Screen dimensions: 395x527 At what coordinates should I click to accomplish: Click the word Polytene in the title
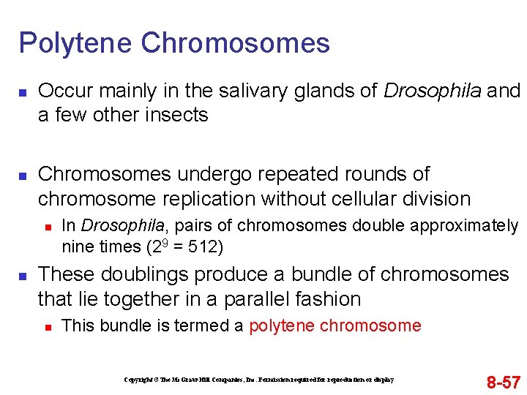pyautogui.click(x=75, y=44)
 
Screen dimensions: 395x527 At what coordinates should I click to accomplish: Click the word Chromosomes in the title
pyautogui.click(x=235, y=44)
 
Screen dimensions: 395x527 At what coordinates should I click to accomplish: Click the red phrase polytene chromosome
pyautogui.click(x=335, y=326)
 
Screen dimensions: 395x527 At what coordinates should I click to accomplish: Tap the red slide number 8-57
pyautogui.click(x=504, y=382)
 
